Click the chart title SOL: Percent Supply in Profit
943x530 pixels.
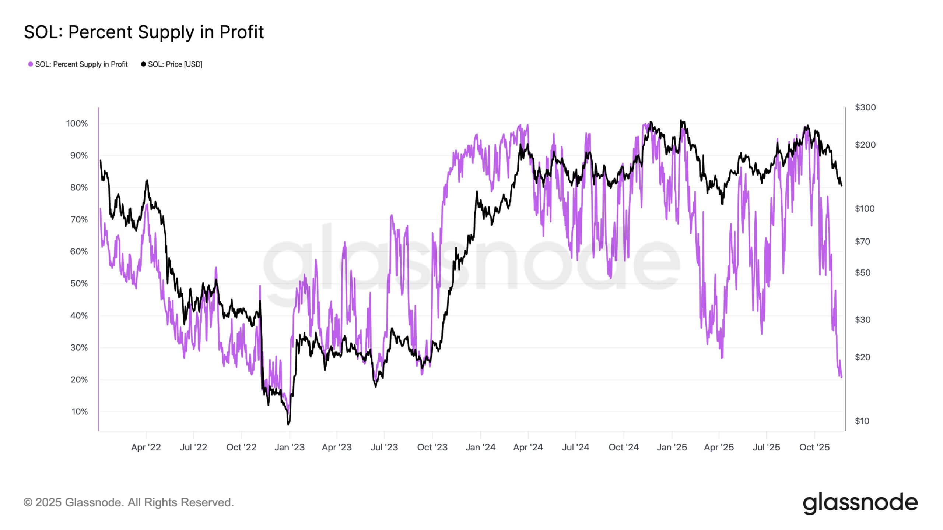click(144, 32)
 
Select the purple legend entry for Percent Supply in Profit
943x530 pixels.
click(78, 64)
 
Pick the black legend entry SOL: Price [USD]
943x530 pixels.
click(172, 64)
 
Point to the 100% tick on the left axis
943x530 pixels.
click(77, 124)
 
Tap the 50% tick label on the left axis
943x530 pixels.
click(79, 284)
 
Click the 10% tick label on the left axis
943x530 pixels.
click(79, 412)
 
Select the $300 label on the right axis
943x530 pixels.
click(865, 107)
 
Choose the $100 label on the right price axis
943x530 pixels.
click(865, 209)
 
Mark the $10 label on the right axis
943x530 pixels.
click(862, 421)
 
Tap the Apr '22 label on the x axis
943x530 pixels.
click(146, 448)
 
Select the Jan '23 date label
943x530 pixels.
click(290, 448)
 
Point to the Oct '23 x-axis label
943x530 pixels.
click(432, 448)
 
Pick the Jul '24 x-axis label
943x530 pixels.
click(575, 448)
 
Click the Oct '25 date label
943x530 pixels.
click(814, 448)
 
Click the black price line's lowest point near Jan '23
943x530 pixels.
click(288, 424)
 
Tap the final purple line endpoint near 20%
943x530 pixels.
click(841, 377)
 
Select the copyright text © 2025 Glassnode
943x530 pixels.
click(129, 502)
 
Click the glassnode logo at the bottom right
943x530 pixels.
click(860, 504)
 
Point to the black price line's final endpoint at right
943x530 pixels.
click(841, 185)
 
